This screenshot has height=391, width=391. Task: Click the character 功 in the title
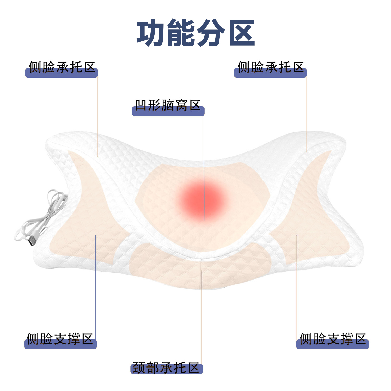151,33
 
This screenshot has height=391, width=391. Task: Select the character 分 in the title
211,33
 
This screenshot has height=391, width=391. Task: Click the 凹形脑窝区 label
168,106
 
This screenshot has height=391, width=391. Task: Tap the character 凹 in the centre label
141,105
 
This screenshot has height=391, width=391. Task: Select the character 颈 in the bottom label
139,368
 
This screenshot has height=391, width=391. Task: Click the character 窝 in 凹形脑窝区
182,105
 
